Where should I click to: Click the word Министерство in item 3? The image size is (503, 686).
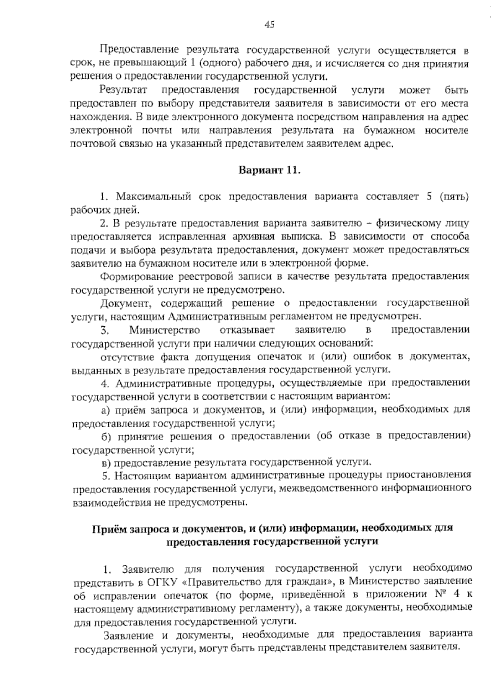[x=165, y=330]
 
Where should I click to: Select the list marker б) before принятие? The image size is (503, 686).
[x=106, y=436]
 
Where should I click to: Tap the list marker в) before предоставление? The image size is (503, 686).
[x=106, y=463]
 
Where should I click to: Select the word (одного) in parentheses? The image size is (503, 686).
[x=218, y=64]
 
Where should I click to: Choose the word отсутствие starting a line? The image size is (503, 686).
[x=127, y=357]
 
